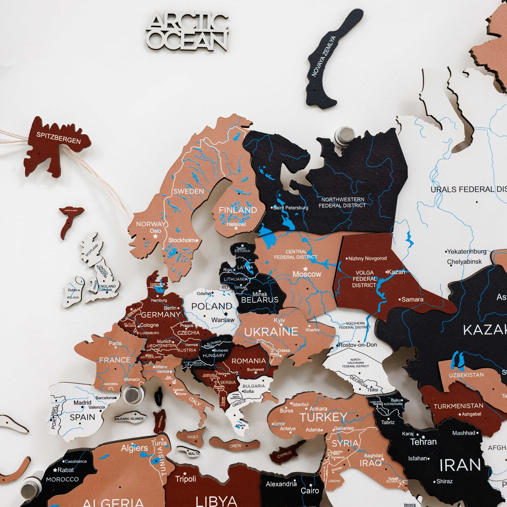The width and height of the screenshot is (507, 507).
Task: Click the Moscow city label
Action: tap(307, 274)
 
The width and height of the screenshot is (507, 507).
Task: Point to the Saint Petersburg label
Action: tap(291, 208)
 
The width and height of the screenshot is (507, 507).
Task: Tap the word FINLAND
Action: tap(238, 210)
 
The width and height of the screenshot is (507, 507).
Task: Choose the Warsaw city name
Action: tap(223, 320)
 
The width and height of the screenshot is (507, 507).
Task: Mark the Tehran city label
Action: tap(424, 442)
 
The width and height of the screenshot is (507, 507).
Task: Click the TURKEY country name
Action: tap(323, 417)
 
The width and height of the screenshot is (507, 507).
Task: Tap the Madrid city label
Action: tap(82, 403)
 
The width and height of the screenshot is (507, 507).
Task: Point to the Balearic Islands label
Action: tap(129, 419)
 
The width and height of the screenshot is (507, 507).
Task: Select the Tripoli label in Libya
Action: tap(186, 479)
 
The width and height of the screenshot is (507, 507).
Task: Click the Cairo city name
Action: tap(310, 491)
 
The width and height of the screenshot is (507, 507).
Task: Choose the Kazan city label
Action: tap(396, 272)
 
